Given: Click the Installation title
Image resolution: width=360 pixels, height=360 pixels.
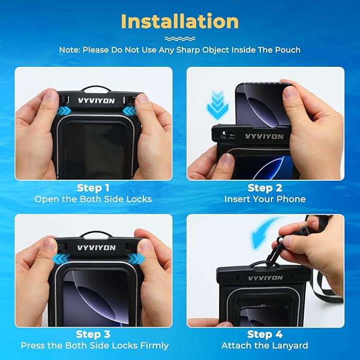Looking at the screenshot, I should coord(180,21).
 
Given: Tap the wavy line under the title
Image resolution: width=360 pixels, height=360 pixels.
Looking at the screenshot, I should coord(180,39).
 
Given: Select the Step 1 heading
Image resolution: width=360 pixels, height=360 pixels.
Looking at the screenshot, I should coord(93,188).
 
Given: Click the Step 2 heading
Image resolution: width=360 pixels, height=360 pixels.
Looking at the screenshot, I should coord(265,188).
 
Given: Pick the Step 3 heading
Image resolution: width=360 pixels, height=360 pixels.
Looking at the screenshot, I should coord(93,334).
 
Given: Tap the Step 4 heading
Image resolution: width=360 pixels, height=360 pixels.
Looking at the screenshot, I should coord(265,334).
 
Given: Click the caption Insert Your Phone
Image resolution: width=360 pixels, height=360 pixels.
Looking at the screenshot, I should coord(265,199).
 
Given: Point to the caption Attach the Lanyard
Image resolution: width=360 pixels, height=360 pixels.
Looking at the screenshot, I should coord(265,346).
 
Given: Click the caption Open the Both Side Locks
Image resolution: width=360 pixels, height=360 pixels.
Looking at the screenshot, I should coord(93,199).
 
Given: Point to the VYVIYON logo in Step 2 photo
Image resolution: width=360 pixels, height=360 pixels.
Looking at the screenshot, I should coord(264,136).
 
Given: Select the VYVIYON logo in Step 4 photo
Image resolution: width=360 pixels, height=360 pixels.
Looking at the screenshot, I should coord(265,278).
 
